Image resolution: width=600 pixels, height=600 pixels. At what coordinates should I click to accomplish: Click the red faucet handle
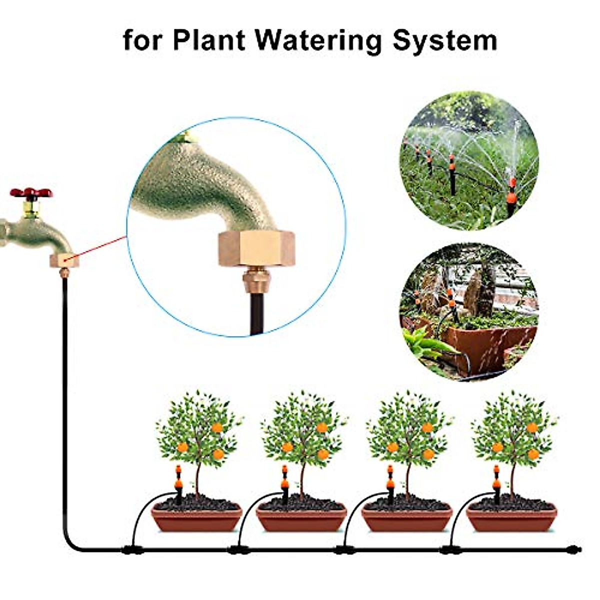(31, 192)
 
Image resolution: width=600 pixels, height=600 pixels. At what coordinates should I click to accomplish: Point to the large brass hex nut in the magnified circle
(256, 249)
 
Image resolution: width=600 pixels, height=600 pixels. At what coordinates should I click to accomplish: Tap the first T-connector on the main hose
(132, 550)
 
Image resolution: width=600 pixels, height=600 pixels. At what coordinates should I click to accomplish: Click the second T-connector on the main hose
(238, 550)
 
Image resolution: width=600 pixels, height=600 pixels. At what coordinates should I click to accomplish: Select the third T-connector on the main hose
(344, 550)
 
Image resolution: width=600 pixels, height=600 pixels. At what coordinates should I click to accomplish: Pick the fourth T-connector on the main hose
(450, 550)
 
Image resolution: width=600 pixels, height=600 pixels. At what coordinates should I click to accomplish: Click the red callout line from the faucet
(100, 247)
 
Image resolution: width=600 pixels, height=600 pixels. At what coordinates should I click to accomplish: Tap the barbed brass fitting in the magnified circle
(256, 283)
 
